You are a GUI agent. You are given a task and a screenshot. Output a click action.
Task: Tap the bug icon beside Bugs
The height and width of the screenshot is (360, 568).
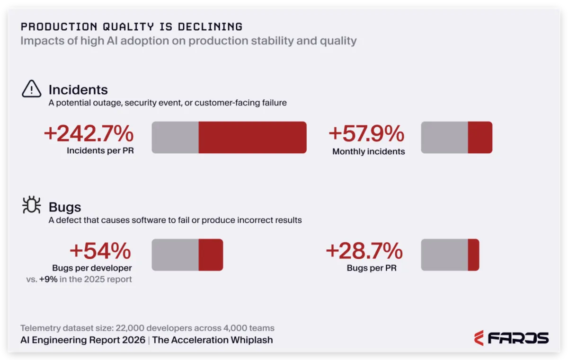click(31, 205)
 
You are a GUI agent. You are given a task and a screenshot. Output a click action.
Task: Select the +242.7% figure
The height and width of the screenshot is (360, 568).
click(89, 133)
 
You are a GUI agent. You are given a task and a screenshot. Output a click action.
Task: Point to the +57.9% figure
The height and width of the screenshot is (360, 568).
click(366, 133)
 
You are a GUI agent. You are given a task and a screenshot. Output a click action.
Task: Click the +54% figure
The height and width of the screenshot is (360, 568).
click(100, 251)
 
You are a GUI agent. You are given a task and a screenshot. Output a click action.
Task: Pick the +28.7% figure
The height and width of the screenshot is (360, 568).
click(364, 251)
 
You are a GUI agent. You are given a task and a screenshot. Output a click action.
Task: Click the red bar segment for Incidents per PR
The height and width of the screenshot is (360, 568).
click(253, 137)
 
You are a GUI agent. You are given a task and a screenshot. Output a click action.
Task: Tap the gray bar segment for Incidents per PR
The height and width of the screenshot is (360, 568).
click(175, 137)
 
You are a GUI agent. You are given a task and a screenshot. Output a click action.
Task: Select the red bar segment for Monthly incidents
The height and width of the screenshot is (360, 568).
click(480, 137)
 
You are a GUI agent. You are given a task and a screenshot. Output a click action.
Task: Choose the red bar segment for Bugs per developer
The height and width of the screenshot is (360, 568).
click(211, 255)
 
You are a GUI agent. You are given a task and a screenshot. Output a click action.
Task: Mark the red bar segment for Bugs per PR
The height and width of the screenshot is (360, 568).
click(474, 255)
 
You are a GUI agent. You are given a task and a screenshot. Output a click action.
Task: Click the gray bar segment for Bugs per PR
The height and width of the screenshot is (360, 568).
click(444, 255)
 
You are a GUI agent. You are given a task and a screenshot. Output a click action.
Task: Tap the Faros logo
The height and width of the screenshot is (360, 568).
click(511, 338)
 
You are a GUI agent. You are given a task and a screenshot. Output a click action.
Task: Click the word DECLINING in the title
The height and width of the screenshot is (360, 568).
click(210, 27)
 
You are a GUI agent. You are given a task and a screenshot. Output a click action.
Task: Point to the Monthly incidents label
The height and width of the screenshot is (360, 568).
click(369, 151)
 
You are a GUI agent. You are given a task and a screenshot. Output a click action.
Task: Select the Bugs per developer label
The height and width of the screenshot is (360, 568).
click(92, 268)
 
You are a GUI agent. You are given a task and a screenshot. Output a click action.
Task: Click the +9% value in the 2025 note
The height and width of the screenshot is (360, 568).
click(48, 279)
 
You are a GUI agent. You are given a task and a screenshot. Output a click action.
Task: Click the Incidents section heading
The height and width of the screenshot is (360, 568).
click(78, 90)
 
